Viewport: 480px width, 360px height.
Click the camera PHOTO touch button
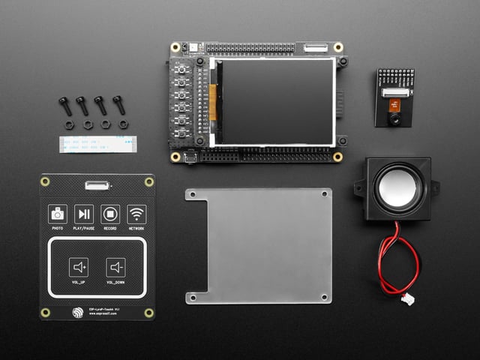[58, 214]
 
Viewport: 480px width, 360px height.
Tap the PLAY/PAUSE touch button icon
[84, 214]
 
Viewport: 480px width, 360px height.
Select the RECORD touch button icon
[110, 214]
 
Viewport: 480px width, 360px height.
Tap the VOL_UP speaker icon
[79, 267]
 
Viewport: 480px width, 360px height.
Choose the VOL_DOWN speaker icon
[115, 267]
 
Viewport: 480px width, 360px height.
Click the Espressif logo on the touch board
[78, 313]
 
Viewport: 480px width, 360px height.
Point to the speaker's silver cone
[398, 187]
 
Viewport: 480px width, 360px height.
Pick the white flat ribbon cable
[98, 143]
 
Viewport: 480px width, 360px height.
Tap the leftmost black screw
[65, 105]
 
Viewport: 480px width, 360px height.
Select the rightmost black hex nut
[123, 124]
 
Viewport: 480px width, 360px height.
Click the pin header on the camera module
[394, 79]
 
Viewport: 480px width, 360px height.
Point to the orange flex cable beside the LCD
[212, 100]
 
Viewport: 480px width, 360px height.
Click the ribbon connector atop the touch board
[96, 184]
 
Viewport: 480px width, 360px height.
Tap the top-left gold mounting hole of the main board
[175, 46]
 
